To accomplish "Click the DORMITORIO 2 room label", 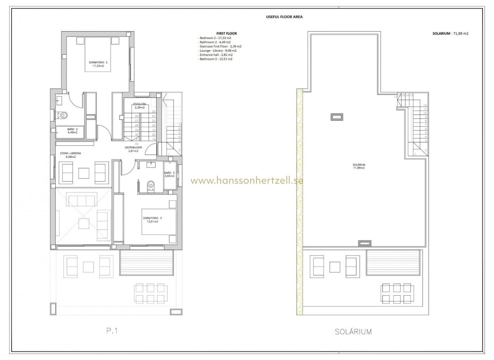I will coord(98,64).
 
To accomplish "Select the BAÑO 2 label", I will coord(72,130).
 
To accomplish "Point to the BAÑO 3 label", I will coord(169,174).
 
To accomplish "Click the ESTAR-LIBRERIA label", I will coord(70,155).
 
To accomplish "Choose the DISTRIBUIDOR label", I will coord(133,149).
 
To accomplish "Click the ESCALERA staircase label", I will coord(139,106).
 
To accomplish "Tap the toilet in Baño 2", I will coord(63,115).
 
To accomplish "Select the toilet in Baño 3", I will coord(151,186).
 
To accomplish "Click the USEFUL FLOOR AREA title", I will coord(284,17).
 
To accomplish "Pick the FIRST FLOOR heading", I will coord(227,34).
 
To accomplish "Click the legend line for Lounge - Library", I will coord(218,51).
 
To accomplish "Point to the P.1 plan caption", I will coord(112,331).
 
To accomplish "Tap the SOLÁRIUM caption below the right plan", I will coord(353,331).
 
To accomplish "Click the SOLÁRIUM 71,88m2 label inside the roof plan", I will coord(359,166).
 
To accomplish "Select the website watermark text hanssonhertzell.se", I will coord(247,181).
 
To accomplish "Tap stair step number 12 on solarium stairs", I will coord(425,105).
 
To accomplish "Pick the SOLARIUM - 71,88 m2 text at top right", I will coord(450,34).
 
